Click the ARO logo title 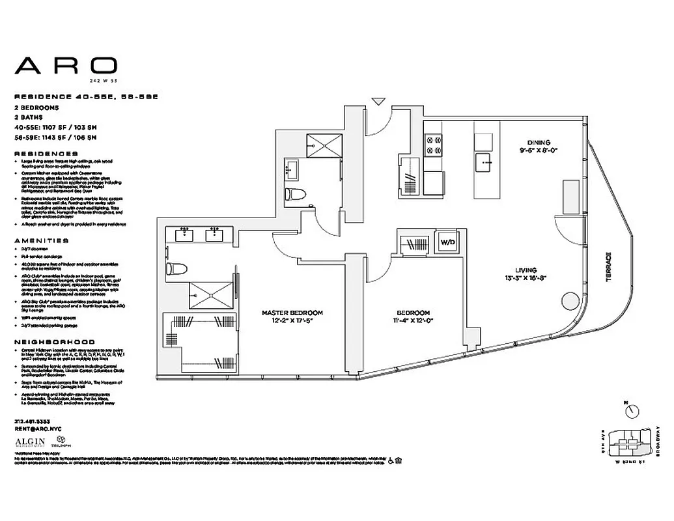tap(66, 65)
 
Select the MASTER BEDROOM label tap(292, 313)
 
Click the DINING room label tap(539, 142)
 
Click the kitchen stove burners tap(433, 145)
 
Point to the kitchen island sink tap(485, 160)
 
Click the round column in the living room tap(569, 302)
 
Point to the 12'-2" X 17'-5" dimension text tap(292, 321)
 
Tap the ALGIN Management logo tap(32, 443)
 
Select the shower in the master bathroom tap(210, 294)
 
